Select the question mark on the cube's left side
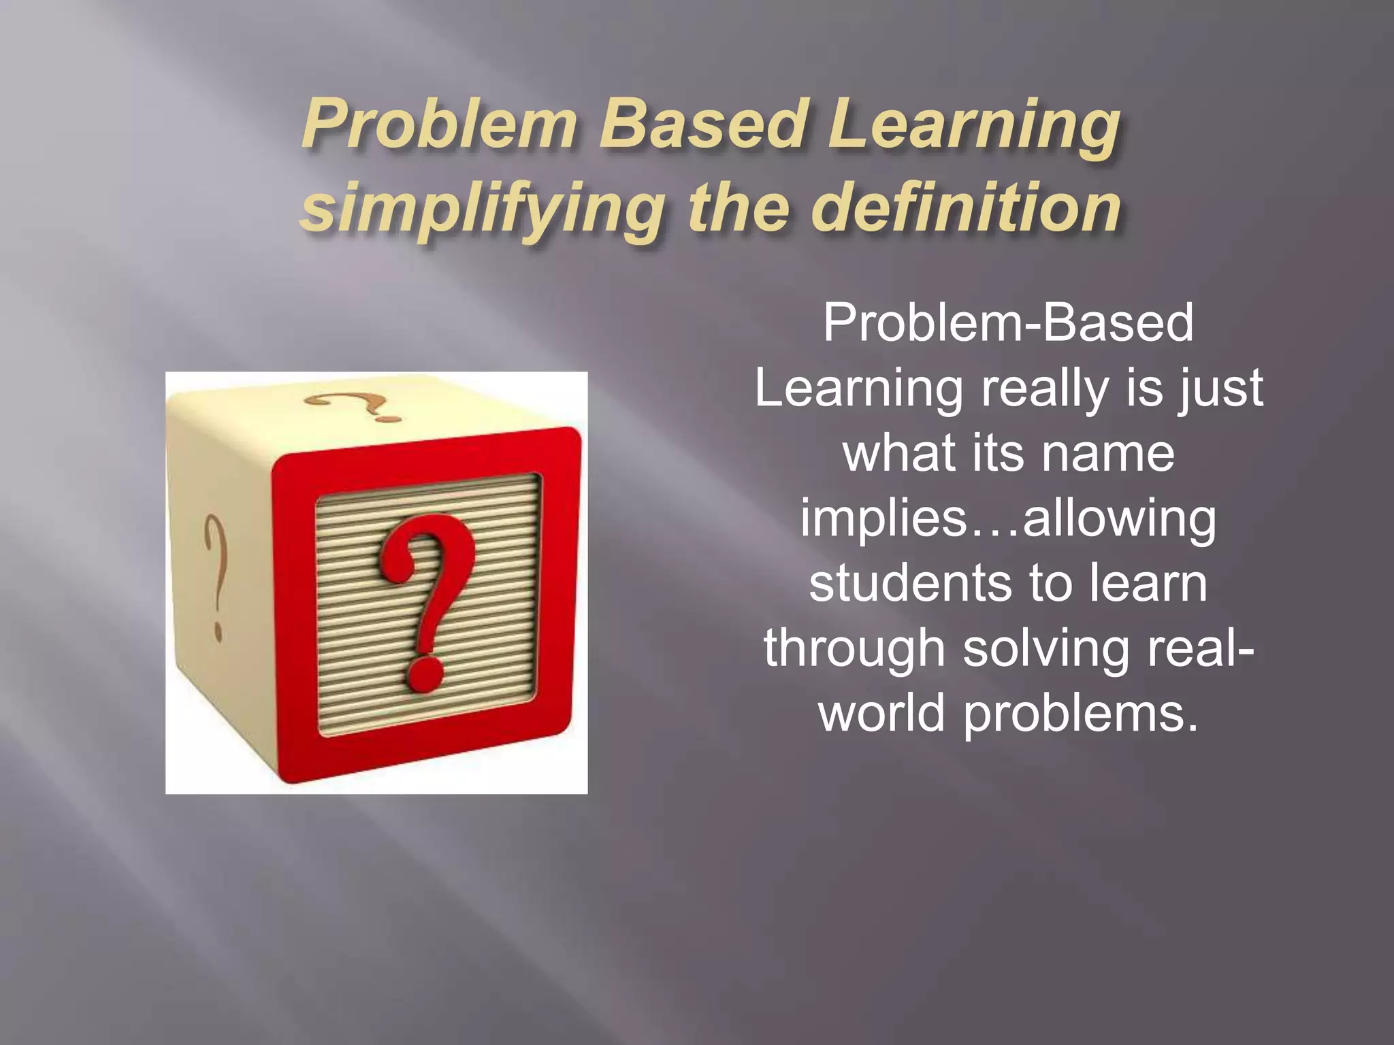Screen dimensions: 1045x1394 coord(214,575)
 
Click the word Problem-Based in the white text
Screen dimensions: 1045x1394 coord(1008,322)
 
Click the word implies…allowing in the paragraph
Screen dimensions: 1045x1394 coord(1008,518)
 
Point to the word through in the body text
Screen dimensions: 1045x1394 coord(854,650)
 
